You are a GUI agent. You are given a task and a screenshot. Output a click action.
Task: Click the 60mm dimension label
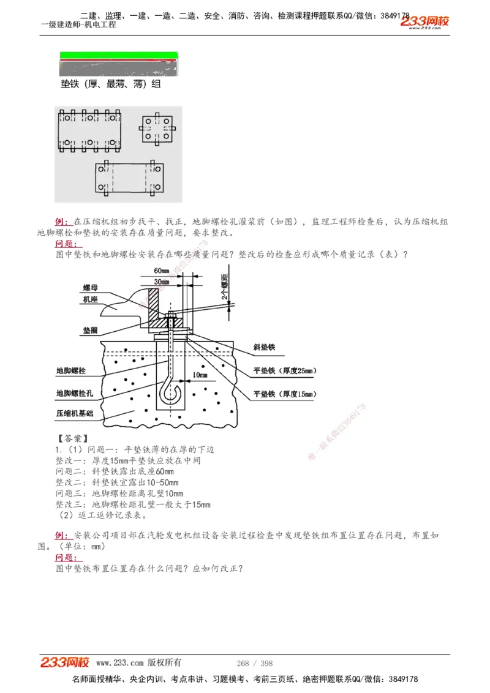[161, 271]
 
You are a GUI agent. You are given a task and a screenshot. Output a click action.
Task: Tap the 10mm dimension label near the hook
[199, 374]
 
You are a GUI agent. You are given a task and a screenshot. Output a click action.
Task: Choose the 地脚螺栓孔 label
[75, 393]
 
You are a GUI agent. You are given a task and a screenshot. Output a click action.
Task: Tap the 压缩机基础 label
[75, 414]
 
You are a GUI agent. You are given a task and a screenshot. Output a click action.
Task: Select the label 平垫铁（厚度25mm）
[284, 371]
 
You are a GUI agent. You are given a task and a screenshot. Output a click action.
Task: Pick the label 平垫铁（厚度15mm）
[284, 394]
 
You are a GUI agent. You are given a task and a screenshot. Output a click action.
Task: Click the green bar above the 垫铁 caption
[119, 56]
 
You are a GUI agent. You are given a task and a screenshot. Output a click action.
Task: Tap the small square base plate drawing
[159, 129]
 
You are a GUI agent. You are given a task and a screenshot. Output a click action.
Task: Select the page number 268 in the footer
[242, 663]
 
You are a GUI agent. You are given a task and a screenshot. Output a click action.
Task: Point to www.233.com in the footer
[119, 663]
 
